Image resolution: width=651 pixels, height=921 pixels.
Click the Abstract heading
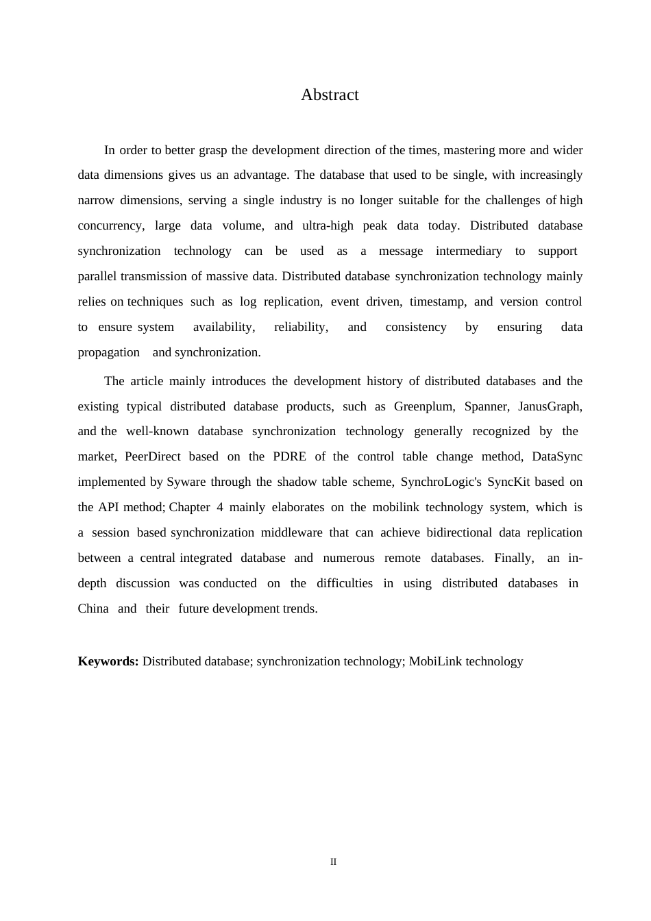coord(330,95)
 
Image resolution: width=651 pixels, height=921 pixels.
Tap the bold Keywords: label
coord(108,661)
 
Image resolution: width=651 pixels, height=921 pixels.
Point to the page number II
coord(334,862)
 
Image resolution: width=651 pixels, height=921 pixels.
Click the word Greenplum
coord(423,406)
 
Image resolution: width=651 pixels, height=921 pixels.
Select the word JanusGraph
coord(550,406)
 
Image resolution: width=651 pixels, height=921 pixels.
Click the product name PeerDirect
coord(152,456)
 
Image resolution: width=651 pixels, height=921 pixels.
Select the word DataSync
coord(556,456)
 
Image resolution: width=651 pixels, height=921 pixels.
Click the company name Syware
coord(186,482)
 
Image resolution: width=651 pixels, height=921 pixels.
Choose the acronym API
coord(109,507)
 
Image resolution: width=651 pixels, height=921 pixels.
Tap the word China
coord(93,609)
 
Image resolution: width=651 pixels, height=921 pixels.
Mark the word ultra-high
coord(328,225)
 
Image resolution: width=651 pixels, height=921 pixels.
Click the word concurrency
coord(110,225)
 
